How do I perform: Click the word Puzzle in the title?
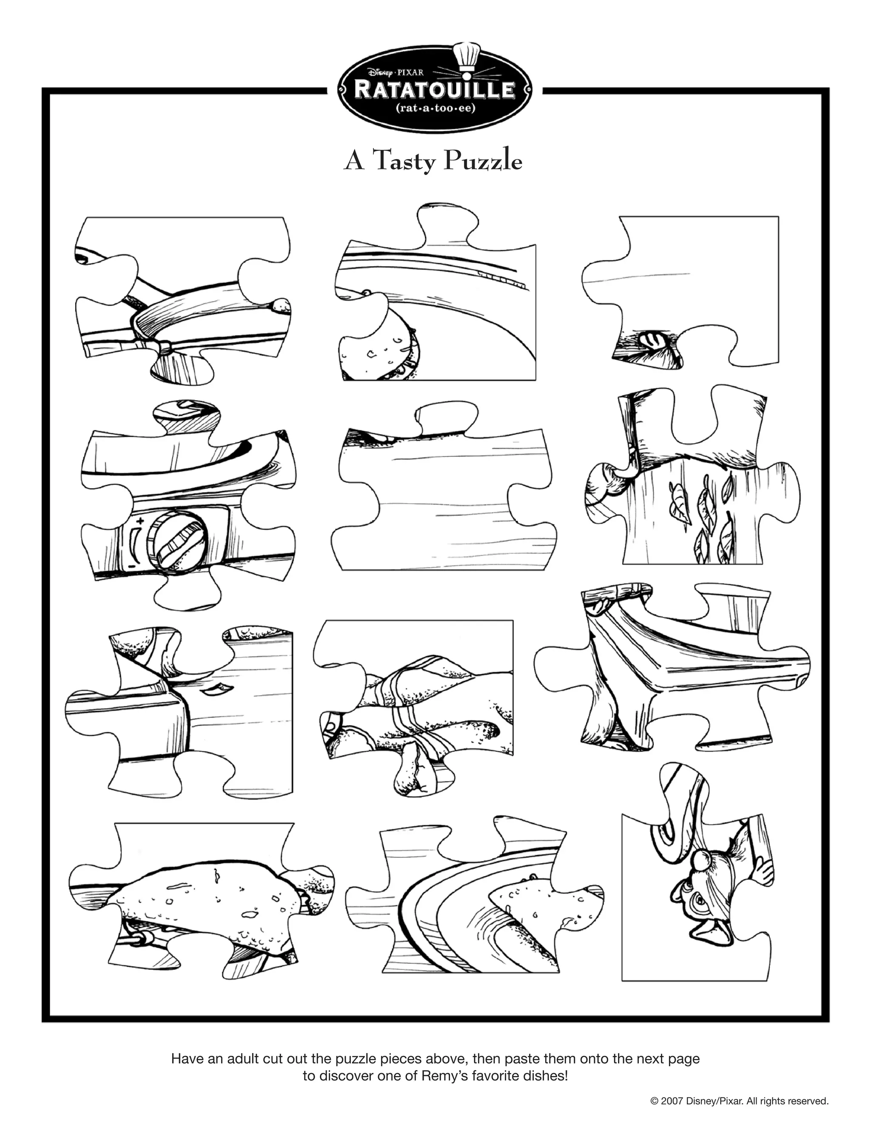[x=484, y=162]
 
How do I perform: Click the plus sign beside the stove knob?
[x=139, y=520]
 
